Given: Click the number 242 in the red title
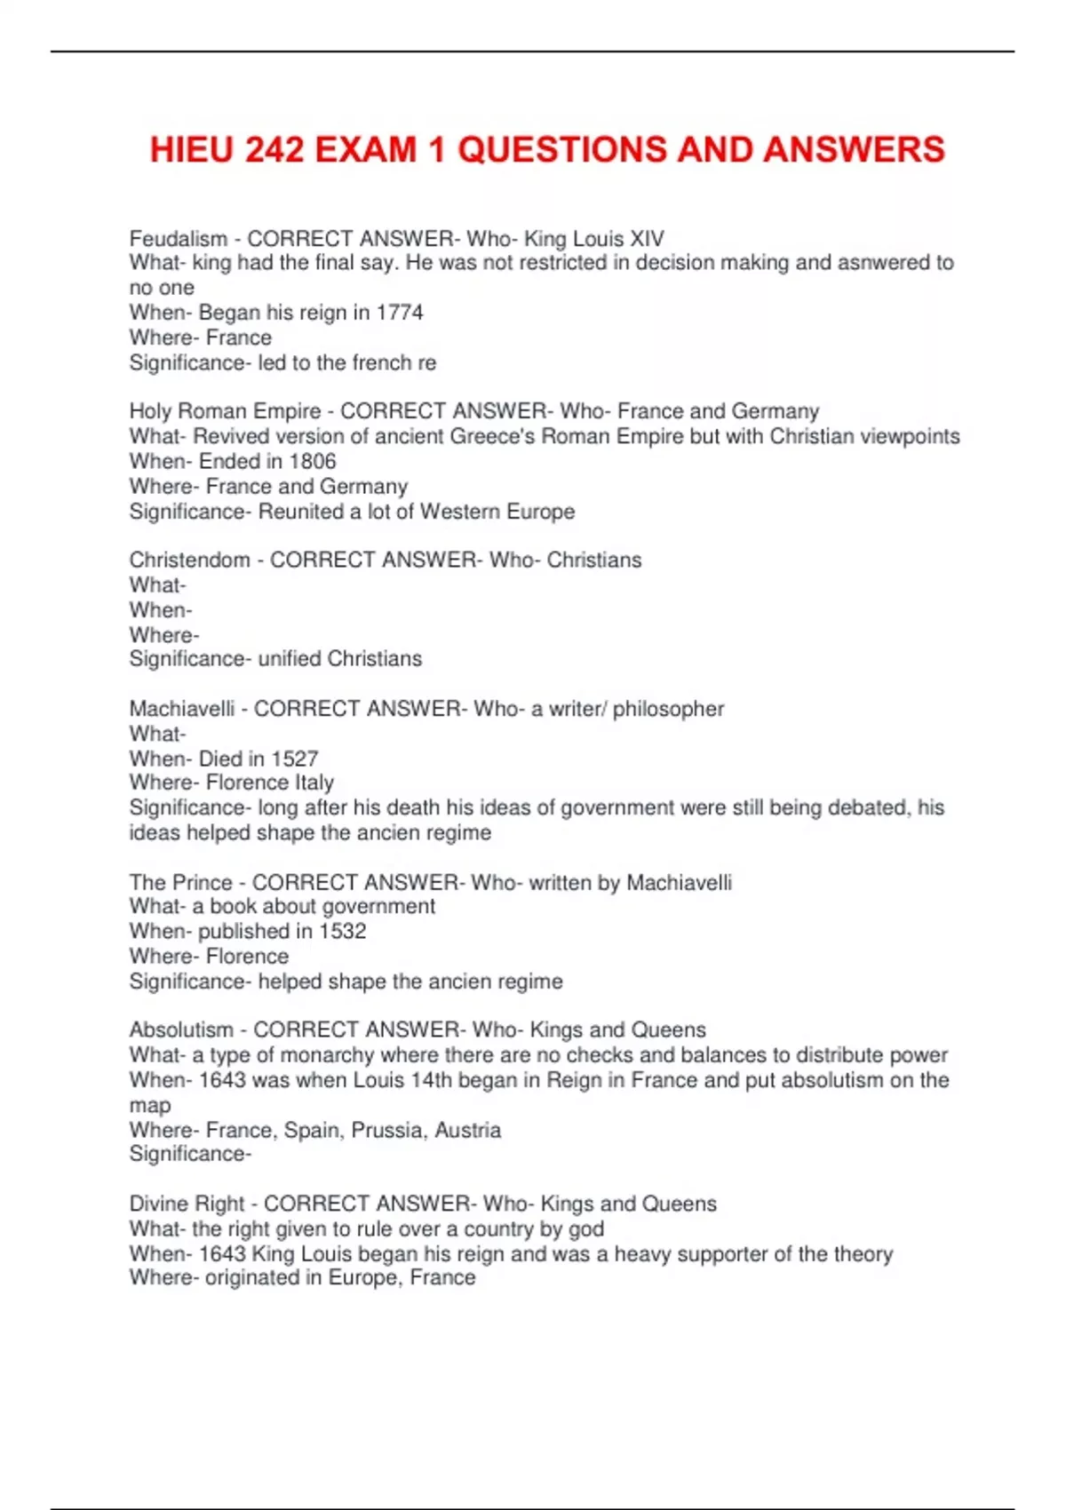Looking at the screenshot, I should pos(275,149).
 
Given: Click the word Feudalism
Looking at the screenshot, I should pos(179,239).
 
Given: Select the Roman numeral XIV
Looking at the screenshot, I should pos(647,239).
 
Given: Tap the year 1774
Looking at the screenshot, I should pos(400,313).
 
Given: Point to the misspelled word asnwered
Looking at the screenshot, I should pos(880,263).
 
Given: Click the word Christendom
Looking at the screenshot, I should pos(189,560).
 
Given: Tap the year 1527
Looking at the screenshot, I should pos(294,759).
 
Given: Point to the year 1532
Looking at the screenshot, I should pos(342,932).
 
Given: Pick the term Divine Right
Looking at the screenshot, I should pos(187,1204).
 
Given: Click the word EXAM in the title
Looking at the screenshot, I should pos(366,149).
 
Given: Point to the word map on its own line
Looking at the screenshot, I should pos(150,1107).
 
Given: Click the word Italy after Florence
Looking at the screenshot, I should pos(314,783).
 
